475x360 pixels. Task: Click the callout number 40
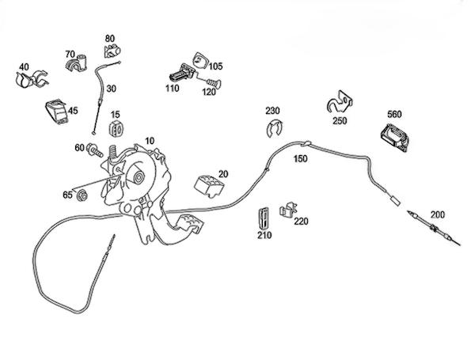click(x=24, y=66)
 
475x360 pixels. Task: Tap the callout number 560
click(x=396, y=114)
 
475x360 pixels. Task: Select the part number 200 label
click(x=438, y=214)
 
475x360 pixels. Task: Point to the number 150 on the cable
click(x=300, y=159)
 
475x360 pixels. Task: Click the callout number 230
click(x=272, y=111)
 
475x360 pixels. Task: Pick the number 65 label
click(x=67, y=194)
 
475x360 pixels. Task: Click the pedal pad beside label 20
click(x=208, y=184)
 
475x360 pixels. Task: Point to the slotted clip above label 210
click(x=264, y=216)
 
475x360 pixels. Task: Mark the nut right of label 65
click(x=82, y=195)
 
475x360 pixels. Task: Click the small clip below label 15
click(x=116, y=131)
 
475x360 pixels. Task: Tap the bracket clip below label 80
click(x=109, y=51)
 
